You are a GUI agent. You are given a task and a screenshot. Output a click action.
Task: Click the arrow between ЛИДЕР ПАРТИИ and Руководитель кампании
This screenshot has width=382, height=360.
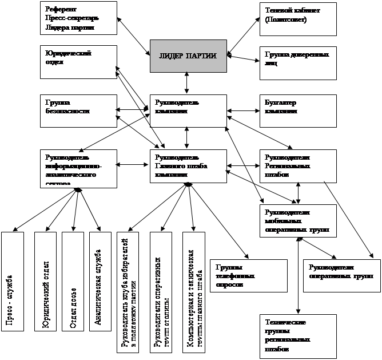(188, 83)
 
